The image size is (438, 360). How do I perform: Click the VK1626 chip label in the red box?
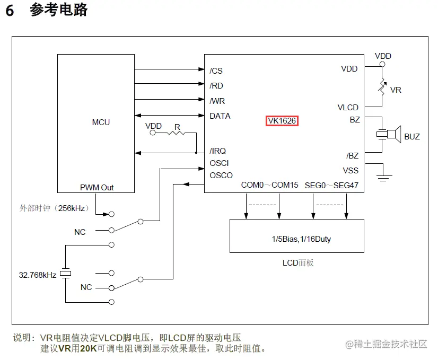(x=282, y=121)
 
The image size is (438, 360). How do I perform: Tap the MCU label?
(x=101, y=122)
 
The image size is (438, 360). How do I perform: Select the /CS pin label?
(x=216, y=71)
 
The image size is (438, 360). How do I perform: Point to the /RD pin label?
(x=216, y=85)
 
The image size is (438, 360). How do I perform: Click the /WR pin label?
(x=217, y=101)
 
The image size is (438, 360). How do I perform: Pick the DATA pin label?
(x=220, y=116)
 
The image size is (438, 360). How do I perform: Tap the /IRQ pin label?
(x=217, y=151)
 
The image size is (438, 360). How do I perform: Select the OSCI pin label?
(x=219, y=163)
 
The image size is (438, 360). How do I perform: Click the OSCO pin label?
(x=221, y=175)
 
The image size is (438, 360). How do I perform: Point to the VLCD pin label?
(x=348, y=108)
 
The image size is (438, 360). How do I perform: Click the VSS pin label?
(x=351, y=171)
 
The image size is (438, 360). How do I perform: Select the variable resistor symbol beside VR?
(x=381, y=86)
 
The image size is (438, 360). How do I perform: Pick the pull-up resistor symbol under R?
(x=176, y=133)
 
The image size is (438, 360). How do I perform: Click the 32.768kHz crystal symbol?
(x=65, y=274)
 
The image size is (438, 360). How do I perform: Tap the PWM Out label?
(x=97, y=188)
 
